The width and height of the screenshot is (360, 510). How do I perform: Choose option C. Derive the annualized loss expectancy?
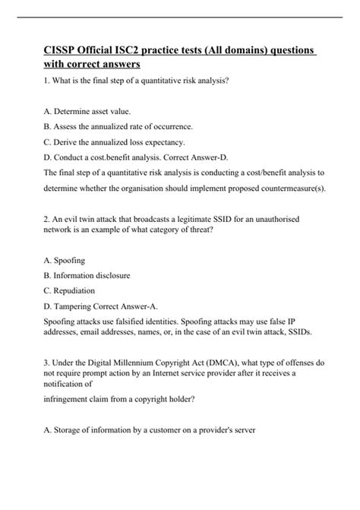click(113, 142)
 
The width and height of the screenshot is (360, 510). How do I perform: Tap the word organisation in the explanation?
click(153, 189)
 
